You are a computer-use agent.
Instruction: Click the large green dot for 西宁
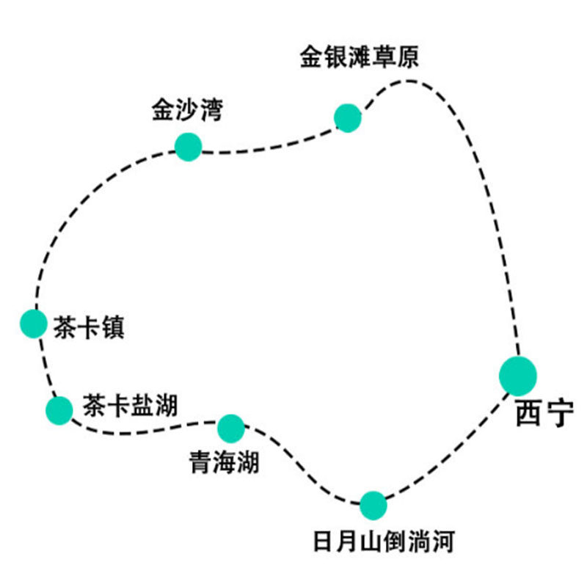[518, 375]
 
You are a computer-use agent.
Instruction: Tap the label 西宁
[543, 415]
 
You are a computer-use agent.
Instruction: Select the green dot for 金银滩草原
[347, 117]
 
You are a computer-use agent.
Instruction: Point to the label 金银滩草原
[359, 58]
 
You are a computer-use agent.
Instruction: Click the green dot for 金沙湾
[188, 147]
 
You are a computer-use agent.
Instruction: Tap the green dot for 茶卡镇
[33, 324]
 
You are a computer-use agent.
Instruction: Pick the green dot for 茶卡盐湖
[59, 410]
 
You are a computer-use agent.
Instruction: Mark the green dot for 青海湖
[230, 426]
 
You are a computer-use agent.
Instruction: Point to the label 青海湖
[224, 463]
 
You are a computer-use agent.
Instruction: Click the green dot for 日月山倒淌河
[373, 504]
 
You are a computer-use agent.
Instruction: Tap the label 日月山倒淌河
[384, 543]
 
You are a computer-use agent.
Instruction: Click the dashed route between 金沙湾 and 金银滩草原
[268, 148]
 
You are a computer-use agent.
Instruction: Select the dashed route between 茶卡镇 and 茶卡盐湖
[45, 367]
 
